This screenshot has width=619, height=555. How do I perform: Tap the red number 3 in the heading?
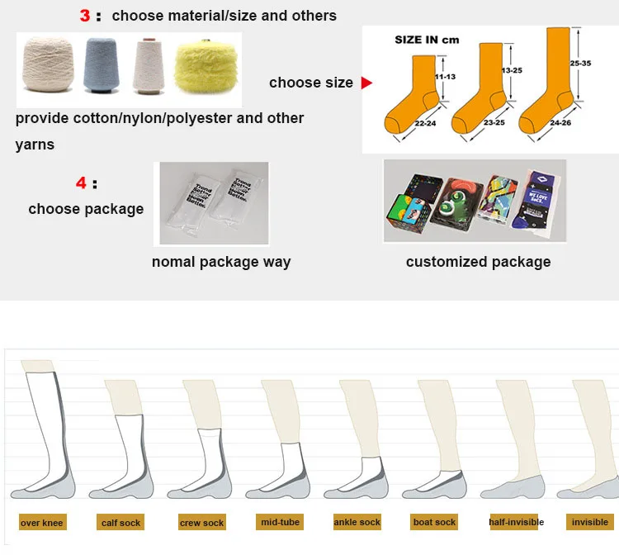pyautogui.click(x=85, y=16)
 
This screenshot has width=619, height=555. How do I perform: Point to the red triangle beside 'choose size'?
pyautogui.click(x=367, y=83)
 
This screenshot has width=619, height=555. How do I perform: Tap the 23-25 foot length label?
pyautogui.click(x=494, y=122)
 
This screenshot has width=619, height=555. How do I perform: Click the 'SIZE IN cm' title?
pyautogui.click(x=427, y=39)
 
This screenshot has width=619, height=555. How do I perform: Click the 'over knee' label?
pyautogui.click(x=42, y=523)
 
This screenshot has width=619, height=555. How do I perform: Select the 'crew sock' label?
pyautogui.click(x=202, y=523)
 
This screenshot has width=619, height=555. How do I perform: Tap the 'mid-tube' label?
pyautogui.click(x=280, y=522)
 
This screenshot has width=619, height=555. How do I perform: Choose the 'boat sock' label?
pyautogui.click(x=434, y=522)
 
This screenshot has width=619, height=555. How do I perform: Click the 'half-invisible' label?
pyautogui.click(x=516, y=522)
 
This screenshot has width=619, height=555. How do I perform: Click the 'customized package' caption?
pyautogui.click(x=478, y=262)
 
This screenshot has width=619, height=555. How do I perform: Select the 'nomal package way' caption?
pyautogui.click(x=221, y=262)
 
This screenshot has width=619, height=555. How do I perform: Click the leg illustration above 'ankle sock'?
pyautogui.click(x=359, y=438)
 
